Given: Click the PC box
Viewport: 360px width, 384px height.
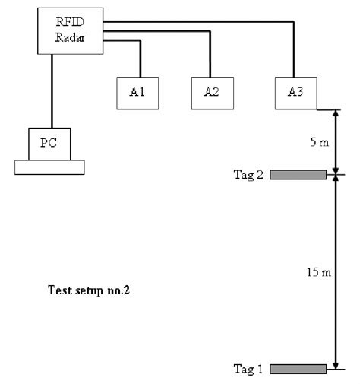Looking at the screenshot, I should [50, 143].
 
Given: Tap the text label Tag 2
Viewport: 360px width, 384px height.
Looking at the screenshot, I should [249, 176].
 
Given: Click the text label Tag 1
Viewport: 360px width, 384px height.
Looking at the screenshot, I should [249, 370].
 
